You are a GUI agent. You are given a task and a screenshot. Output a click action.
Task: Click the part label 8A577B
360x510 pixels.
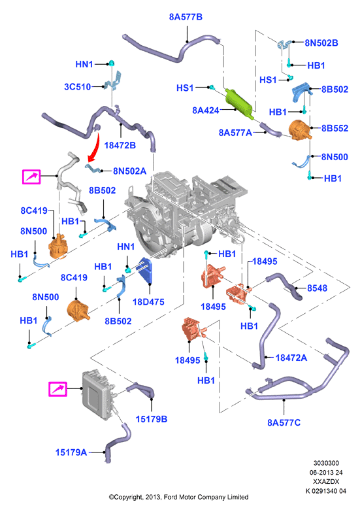[186, 17]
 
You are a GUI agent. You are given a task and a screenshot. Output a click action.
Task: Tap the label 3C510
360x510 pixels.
[77, 86]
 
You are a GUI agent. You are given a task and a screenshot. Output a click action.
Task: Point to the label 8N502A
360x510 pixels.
[129, 171]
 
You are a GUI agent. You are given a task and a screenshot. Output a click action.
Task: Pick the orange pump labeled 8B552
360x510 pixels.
[300, 130]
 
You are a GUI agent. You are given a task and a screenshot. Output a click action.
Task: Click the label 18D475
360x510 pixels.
[148, 302]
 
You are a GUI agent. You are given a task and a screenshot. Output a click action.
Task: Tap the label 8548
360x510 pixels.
[317, 288]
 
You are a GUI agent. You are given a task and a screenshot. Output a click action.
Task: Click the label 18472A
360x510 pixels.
[291, 358]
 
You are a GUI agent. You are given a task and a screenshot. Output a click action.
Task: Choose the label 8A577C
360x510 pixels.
[284, 422]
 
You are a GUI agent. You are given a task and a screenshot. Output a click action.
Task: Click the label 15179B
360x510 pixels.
[152, 419]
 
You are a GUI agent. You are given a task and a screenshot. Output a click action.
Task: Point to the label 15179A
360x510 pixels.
[71, 452]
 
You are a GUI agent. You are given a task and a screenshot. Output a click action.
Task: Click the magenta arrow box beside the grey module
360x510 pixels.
[58, 389]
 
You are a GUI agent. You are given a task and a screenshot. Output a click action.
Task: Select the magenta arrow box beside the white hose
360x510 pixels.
[31, 177]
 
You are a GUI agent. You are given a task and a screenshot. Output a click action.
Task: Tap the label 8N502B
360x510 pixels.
[321, 43]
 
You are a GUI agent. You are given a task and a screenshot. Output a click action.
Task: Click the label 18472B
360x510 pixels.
[120, 145]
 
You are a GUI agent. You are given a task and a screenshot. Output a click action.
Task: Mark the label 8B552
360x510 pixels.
[335, 128]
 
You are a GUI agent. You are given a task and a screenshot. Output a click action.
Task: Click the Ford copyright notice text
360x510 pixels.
[179, 497]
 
